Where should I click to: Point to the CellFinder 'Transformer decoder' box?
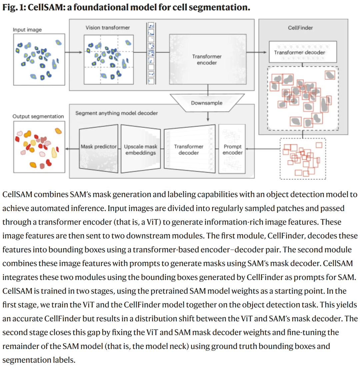tap(299, 52)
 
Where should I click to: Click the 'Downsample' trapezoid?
tap(207, 103)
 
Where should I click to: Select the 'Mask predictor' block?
tap(99, 147)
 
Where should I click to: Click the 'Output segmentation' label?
tap(38, 116)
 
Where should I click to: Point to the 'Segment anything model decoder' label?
tap(116, 113)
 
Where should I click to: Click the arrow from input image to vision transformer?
tap(73, 52)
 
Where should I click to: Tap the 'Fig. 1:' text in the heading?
tap(14, 7)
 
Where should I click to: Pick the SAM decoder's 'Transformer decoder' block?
tap(189, 149)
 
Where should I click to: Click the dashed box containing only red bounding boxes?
tap(302, 159)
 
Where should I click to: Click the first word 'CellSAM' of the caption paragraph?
tap(17, 195)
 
